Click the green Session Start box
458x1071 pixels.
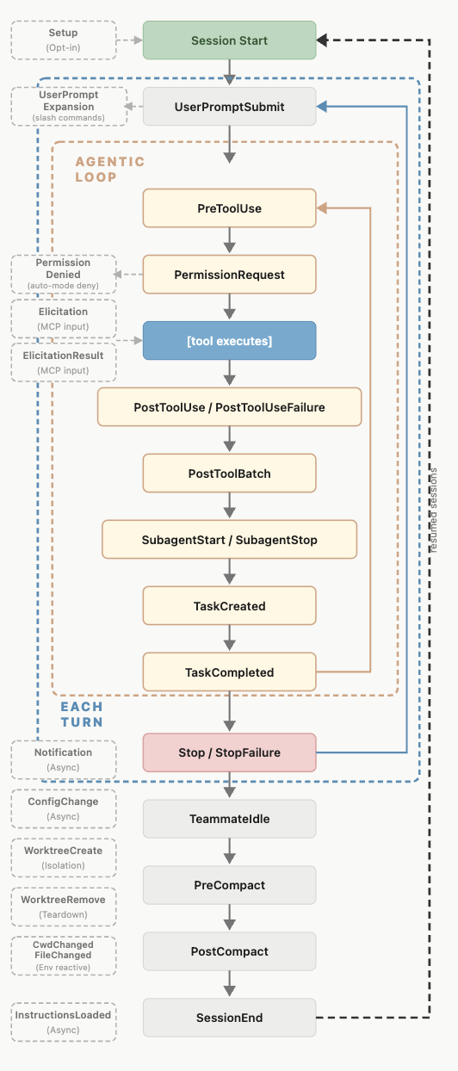tap(230, 40)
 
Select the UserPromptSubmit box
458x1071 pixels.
tap(230, 107)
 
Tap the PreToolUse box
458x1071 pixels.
tap(230, 208)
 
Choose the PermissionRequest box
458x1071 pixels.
tap(230, 275)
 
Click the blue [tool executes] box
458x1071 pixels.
tap(230, 340)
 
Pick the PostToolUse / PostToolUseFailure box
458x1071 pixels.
tap(230, 407)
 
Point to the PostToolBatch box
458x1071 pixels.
tap(230, 474)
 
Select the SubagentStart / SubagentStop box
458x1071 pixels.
tap(230, 539)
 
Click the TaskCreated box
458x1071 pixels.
tap(230, 606)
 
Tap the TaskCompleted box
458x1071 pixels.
tap(230, 672)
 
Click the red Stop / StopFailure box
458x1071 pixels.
tap(230, 752)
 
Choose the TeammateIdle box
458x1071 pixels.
tap(230, 819)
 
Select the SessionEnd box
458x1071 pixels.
tap(230, 1018)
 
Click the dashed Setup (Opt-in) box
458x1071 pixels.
tap(64, 40)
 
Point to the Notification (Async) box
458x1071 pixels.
tap(64, 759)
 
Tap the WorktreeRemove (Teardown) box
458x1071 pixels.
tap(64, 907)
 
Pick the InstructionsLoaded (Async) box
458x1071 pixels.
tap(64, 1022)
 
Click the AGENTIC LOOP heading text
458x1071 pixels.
tap(109, 170)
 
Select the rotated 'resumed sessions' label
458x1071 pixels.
tap(433, 511)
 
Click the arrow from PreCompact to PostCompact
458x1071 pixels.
tap(230, 917)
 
